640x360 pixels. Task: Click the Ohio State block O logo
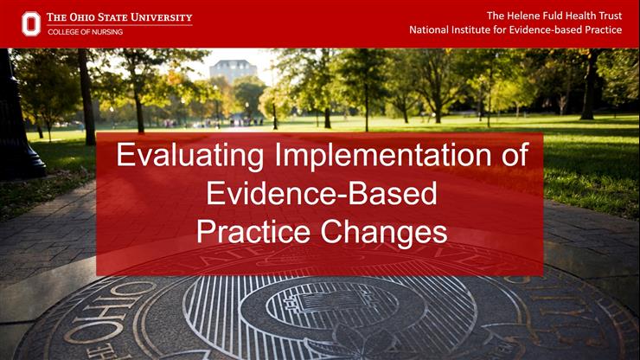(31, 23)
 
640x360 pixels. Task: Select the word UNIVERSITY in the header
(165, 17)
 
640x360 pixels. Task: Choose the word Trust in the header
(608, 16)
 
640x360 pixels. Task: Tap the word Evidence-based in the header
(554, 30)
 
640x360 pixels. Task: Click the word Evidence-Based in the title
(321, 194)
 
